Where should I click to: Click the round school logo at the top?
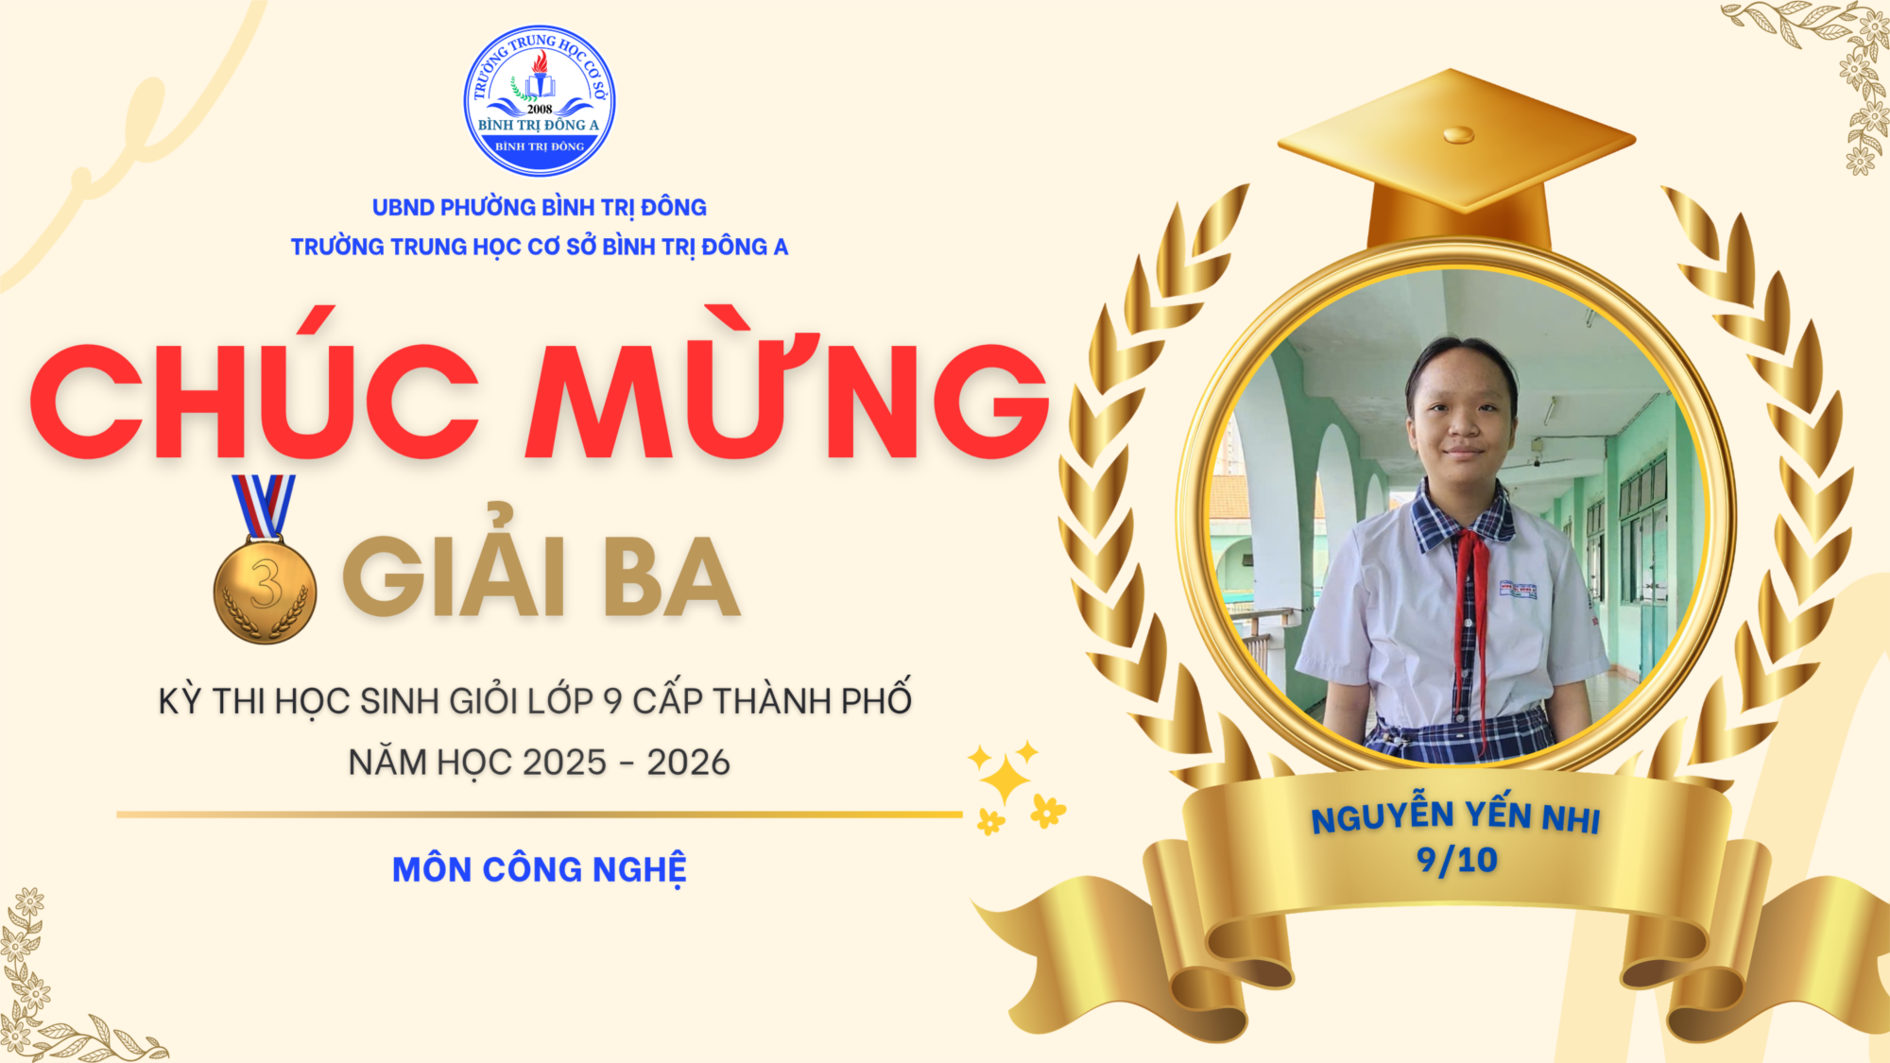pyautogui.click(x=540, y=100)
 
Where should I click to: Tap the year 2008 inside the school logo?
pyautogui.click(x=540, y=109)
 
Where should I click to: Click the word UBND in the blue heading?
pyautogui.click(x=404, y=207)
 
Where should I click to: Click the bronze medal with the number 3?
pyautogui.click(x=265, y=589)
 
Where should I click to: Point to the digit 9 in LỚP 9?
pyautogui.click(x=612, y=701)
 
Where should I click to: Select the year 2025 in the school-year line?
pyautogui.click(x=564, y=763)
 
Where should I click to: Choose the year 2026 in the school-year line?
pyautogui.click(x=689, y=763)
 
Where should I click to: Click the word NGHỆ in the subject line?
pyautogui.click(x=639, y=869)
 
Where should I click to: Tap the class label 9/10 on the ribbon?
pyautogui.click(x=1456, y=860)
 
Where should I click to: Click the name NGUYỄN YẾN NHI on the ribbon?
pyautogui.click(x=1455, y=814)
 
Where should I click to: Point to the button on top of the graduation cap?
pyautogui.click(x=1458, y=134)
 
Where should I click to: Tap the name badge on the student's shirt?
pyautogui.click(x=1519, y=590)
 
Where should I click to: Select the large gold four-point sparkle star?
pyautogui.click(x=1005, y=780)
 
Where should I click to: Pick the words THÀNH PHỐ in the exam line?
pyautogui.click(x=812, y=700)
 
